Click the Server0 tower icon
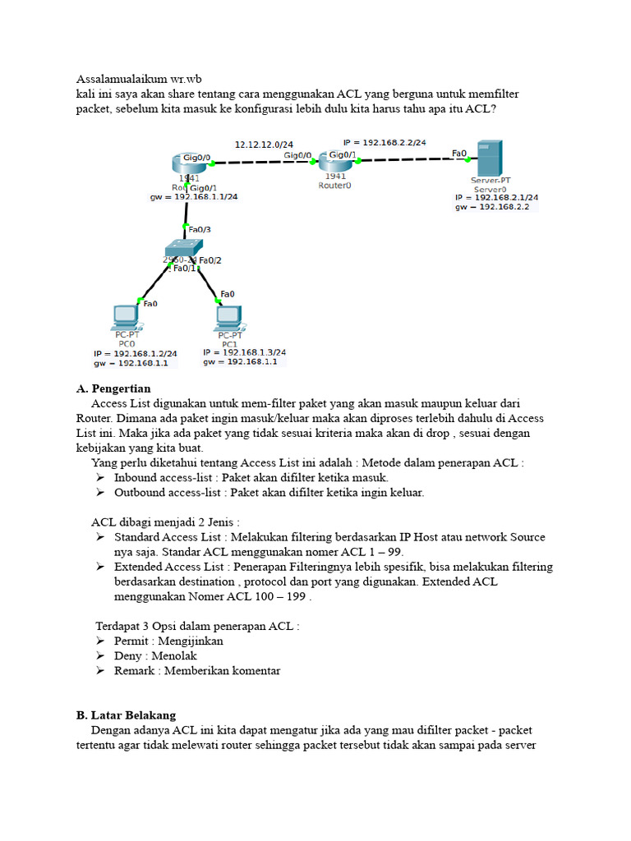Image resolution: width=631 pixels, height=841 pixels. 490,159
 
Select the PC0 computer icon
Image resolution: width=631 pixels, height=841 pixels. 125,316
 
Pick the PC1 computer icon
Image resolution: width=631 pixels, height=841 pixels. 229,316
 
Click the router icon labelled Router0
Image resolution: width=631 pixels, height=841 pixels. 335,161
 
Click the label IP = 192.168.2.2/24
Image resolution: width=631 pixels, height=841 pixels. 385,142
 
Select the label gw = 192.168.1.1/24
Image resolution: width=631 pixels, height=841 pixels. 194,197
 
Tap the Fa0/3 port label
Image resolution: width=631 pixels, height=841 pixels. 200,229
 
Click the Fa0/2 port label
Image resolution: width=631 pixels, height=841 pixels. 210,260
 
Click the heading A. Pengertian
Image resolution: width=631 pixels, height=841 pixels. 113,388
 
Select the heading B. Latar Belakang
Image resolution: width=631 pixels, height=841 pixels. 126,715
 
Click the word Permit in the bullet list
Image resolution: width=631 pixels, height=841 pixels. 131,641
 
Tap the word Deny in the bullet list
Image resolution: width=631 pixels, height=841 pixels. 128,655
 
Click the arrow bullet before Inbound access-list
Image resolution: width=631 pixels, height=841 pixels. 99,477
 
